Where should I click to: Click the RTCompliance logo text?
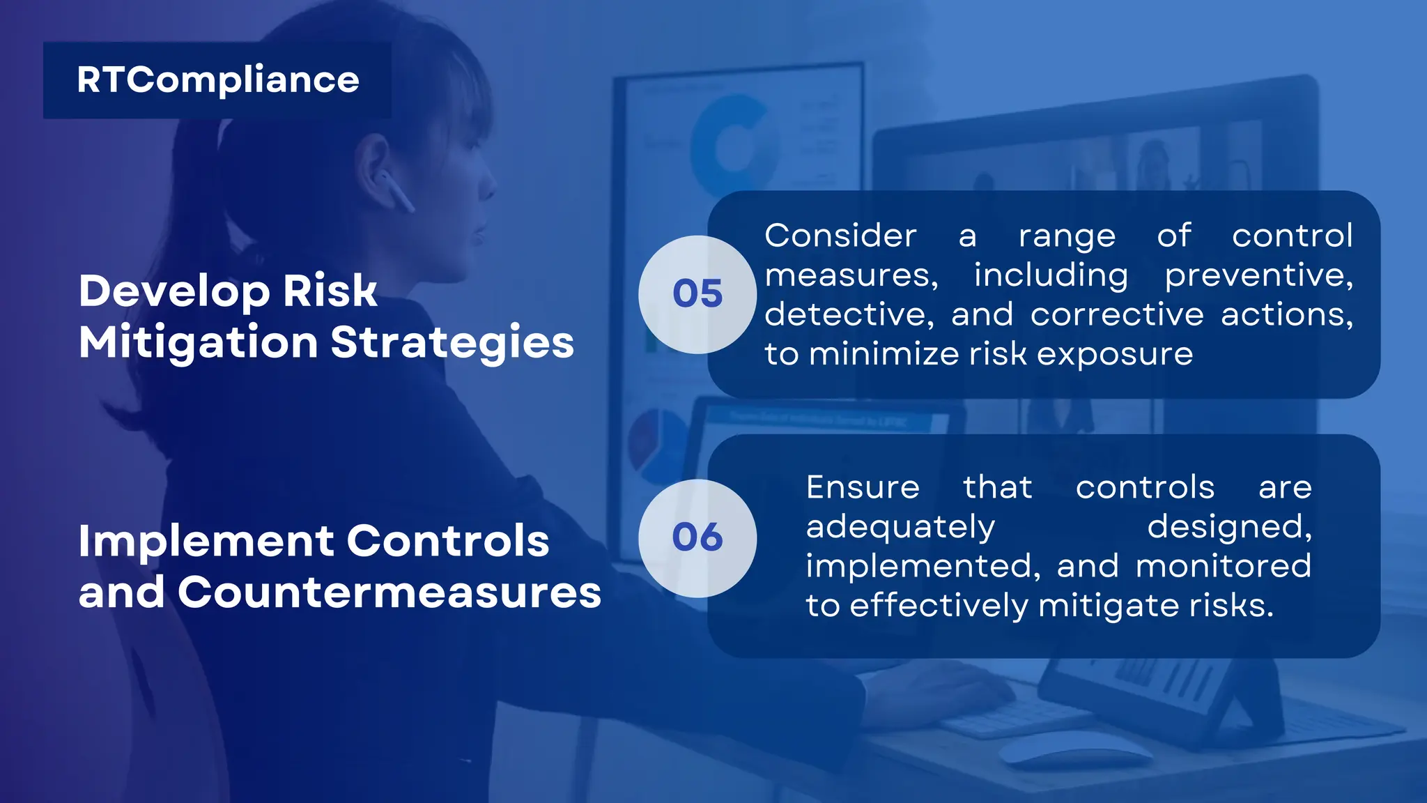click(x=217, y=80)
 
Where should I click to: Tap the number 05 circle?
click(x=697, y=294)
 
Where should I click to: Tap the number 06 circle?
click(x=697, y=538)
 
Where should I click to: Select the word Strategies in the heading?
click(x=452, y=343)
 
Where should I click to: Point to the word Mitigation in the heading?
click(x=199, y=343)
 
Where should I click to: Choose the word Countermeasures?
click(x=389, y=593)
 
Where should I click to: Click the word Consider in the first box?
click(x=840, y=236)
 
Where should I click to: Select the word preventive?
click(x=1258, y=276)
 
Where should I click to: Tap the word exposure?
click(x=1115, y=354)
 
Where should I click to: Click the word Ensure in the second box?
click(x=863, y=487)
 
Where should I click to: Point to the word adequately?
click(x=900, y=527)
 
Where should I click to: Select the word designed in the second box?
click(x=1229, y=527)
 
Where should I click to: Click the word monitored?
click(x=1223, y=566)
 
